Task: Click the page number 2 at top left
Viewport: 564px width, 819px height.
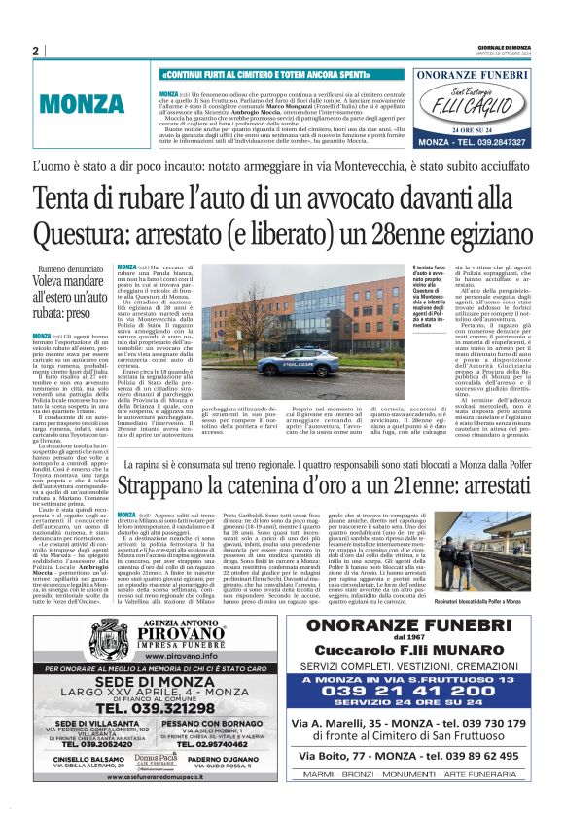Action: [35, 51]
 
